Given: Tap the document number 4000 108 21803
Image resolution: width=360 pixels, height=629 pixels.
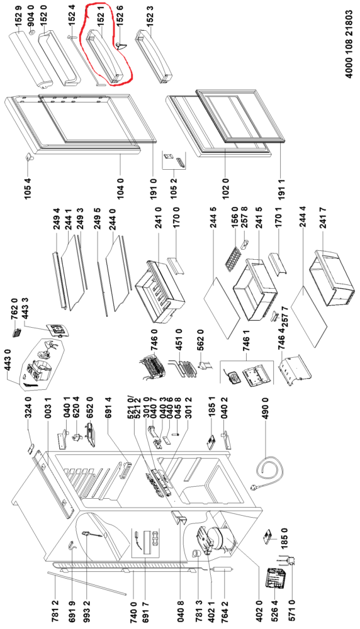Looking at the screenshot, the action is click(349, 44).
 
